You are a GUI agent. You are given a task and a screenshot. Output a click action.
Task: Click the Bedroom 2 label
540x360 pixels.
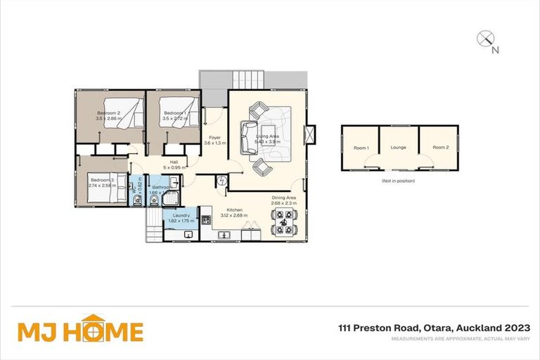point(109,113)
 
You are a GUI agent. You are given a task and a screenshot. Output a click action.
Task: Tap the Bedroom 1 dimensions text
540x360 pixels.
point(174,119)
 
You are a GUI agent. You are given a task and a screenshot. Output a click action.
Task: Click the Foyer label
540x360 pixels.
point(212,138)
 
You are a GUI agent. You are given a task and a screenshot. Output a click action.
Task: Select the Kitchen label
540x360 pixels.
point(234,210)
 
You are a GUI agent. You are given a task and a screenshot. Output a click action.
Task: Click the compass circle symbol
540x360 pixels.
point(484,39)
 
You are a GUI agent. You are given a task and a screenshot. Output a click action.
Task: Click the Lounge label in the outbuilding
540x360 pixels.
point(399,148)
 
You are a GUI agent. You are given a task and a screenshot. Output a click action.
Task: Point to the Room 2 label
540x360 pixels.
point(440,148)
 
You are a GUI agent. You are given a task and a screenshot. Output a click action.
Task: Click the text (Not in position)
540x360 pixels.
point(399,181)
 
